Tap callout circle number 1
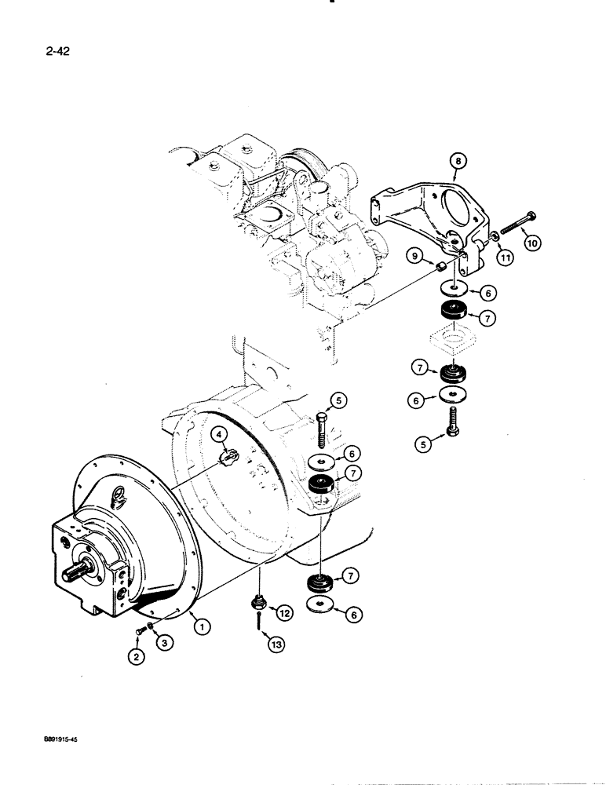(x=203, y=626)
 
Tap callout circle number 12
(x=285, y=612)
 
